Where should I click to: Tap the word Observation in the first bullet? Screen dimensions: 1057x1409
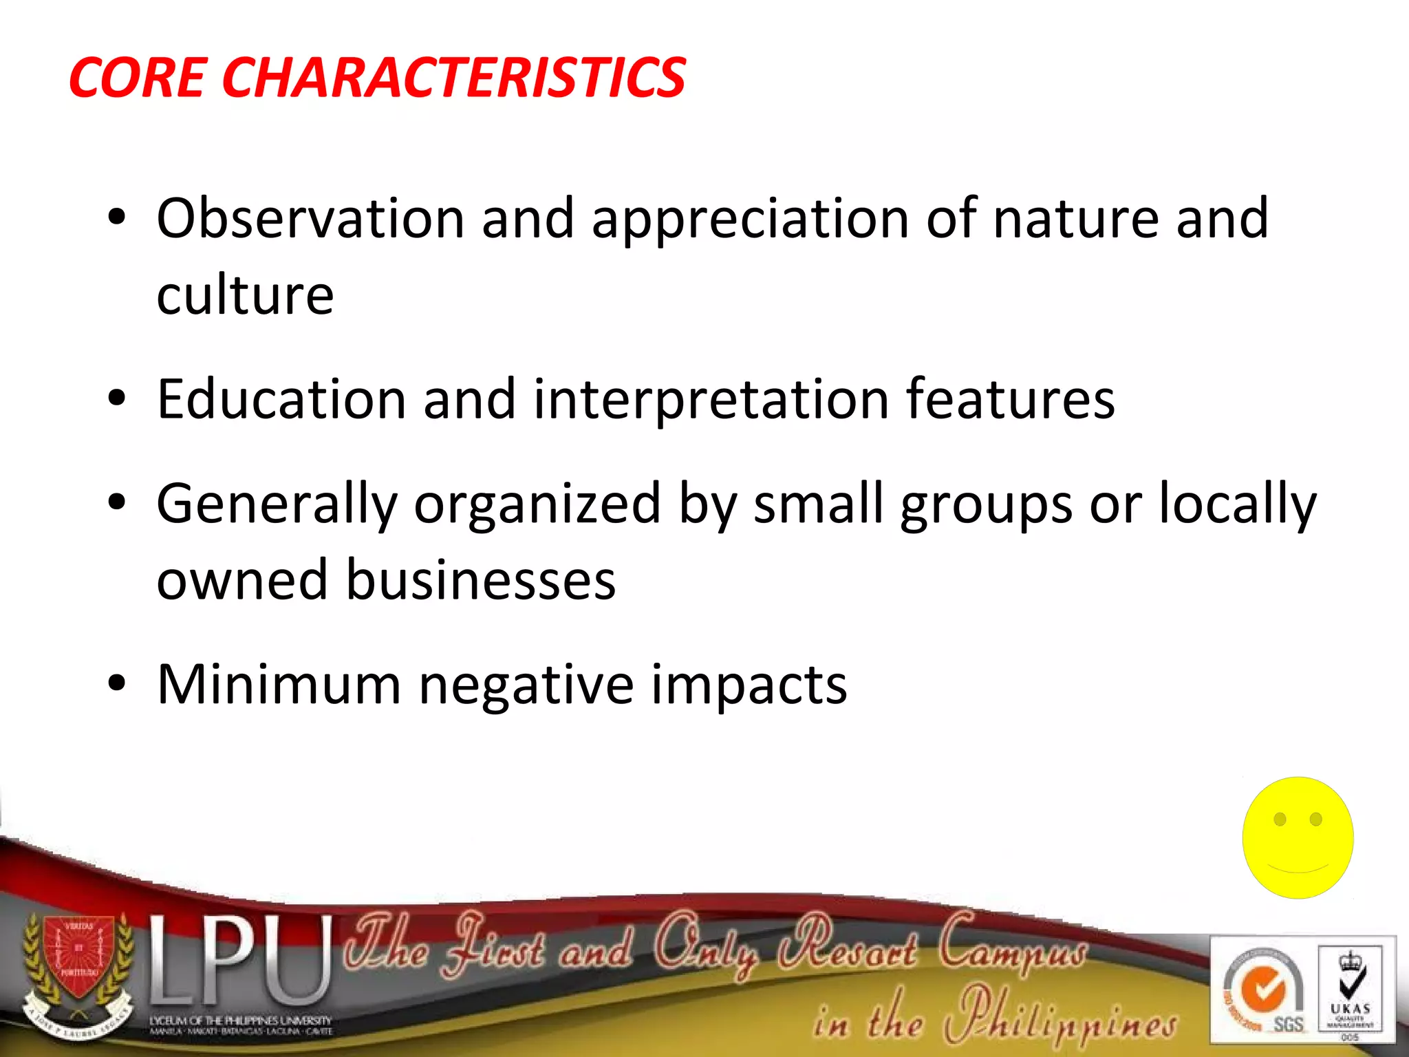tap(310, 219)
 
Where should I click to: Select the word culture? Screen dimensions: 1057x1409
tap(245, 296)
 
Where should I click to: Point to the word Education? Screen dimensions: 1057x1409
tap(281, 399)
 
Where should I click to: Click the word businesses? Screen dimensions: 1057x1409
tap(480, 580)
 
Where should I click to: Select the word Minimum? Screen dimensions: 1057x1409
tap(279, 685)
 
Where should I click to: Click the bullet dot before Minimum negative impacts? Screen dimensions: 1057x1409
tap(117, 683)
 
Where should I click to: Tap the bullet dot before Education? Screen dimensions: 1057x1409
tap(117, 398)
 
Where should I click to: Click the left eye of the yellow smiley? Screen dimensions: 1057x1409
tap(1280, 819)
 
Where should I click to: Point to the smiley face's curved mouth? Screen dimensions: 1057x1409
tap(1298, 868)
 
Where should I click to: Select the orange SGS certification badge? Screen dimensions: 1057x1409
tap(1262, 991)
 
